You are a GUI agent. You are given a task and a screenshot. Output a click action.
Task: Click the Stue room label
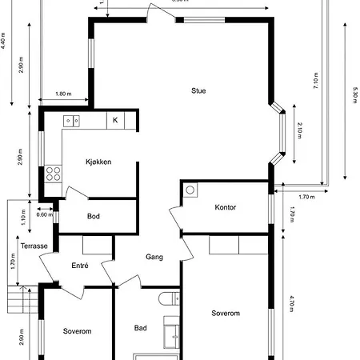(198, 90)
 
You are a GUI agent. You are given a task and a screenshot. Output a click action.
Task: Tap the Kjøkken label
(98, 162)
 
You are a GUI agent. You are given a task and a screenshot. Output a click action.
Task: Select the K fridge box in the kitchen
(116, 120)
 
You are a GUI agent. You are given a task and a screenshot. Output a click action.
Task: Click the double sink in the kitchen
(73, 121)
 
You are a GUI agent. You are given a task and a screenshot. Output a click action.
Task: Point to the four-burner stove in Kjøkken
(54, 172)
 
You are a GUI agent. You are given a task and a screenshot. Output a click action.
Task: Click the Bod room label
(94, 217)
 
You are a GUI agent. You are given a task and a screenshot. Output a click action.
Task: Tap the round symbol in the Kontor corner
(190, 190)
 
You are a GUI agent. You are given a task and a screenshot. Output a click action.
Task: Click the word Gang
(154, 257)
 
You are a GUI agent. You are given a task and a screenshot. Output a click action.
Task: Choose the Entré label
(80, 266)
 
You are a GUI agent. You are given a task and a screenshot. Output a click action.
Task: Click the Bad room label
(141, 328)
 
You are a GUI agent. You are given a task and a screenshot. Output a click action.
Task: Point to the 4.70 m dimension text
(294, 306)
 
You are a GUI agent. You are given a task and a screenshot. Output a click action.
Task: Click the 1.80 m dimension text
(64, 94)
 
